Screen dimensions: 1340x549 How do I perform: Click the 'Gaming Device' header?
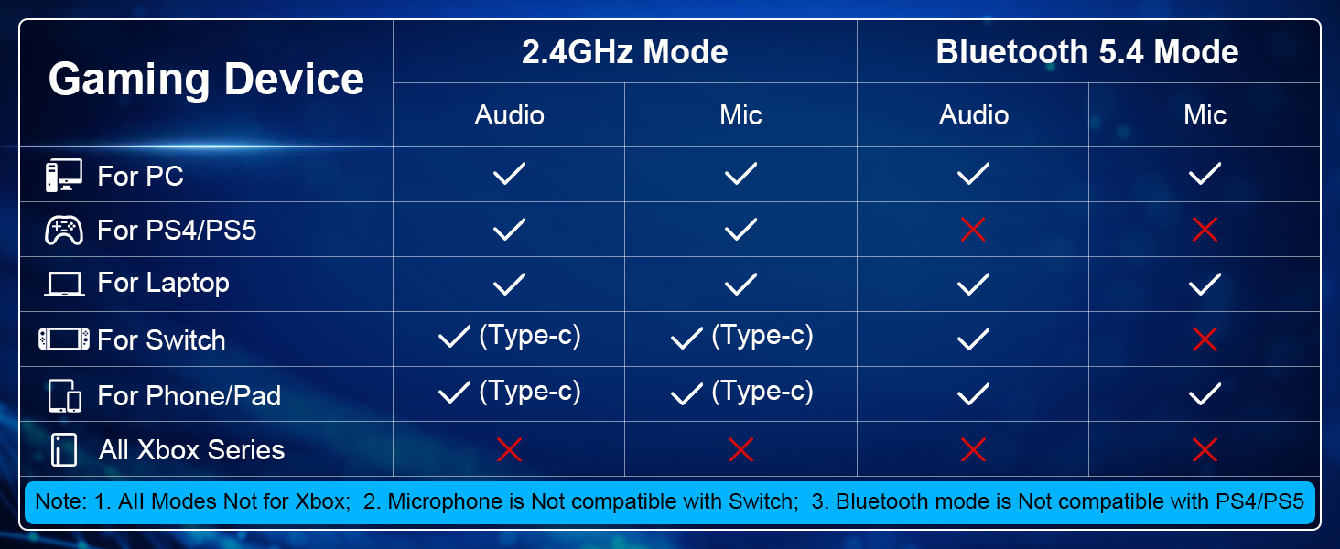[206, 80]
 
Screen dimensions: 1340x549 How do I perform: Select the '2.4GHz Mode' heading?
[624, 51]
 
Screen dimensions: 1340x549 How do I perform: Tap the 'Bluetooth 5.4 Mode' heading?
[1087, 51]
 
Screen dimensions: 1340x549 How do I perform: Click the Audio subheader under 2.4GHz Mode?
[509, 114]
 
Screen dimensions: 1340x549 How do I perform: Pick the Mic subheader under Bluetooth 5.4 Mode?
[1205, 114]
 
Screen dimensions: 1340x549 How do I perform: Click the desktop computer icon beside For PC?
[64, 176]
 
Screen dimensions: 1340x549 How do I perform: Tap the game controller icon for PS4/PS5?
[64, 231]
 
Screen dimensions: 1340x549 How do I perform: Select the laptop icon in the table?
[64, 285]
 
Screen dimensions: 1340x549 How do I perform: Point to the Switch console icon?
[64, 339]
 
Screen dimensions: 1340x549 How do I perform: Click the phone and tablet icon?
[64, 395]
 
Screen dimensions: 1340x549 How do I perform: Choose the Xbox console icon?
[64, 450]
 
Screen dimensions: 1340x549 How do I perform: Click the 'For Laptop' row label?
[163, 283]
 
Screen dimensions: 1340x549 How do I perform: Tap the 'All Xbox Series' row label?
[191, 450]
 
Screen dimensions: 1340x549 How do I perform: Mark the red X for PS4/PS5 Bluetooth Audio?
[973, 230]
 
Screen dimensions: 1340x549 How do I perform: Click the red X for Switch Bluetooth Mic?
[1205, 339]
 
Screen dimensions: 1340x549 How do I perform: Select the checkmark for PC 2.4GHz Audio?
[509, 174]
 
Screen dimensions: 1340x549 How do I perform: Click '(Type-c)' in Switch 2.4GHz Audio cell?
[530, 336]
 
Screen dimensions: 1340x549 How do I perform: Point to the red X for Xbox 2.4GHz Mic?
[740, 450]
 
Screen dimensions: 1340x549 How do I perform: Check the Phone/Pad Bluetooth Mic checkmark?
[1205, 394]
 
